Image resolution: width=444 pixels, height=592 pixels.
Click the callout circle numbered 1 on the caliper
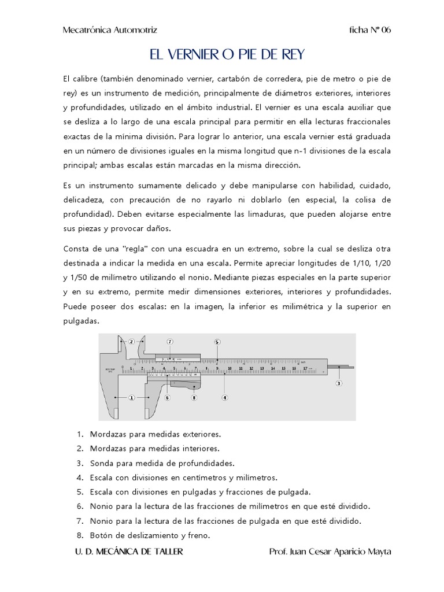tap(131, 398)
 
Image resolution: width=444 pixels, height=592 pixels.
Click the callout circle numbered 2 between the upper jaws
tap(131, 341)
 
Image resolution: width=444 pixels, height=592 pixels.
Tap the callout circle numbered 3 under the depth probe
tap(339, 383)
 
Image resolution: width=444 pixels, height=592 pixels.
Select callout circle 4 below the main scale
tap(225, 398)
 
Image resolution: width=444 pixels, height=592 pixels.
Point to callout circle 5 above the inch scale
tap(217, 342)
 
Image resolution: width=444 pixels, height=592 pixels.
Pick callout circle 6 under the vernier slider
tap(167, 398)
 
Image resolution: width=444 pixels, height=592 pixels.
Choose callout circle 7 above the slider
tap(170, 342)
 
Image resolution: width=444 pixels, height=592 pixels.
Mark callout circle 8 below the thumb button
tap(194, 398)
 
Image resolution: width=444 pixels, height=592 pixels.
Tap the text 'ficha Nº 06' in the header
tap(371, 30)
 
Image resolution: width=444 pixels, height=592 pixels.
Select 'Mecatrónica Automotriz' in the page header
tap(110, 30)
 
